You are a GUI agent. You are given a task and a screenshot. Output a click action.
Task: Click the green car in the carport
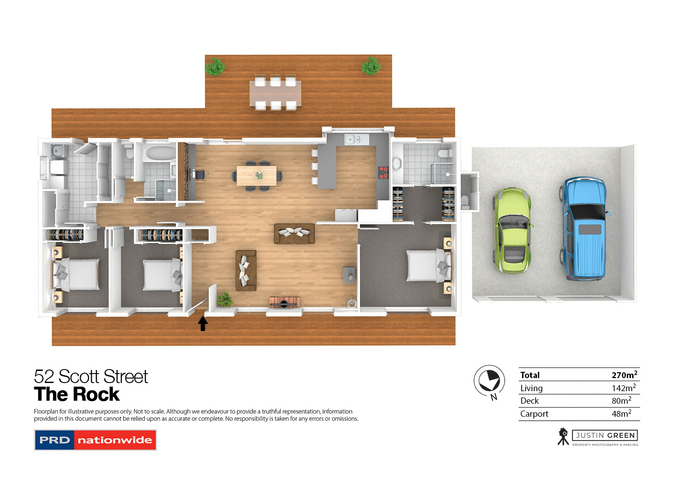pyautogui.click(x=512, y=231)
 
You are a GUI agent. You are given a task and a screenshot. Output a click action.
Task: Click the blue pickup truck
pyautogui.click(x=584, y=228)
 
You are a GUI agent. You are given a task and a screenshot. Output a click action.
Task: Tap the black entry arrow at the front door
pyautogui.click(x=203, y=323)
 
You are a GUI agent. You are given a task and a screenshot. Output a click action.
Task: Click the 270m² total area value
pyautogui.click(x=624, y=375)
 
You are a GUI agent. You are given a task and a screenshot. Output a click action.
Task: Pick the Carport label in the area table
pyautogui.click(x=534, y=414)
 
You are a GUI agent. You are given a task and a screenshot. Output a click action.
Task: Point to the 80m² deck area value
pyautogui.click(x=621, y=401)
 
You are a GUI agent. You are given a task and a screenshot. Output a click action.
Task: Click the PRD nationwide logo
pyautogui.click(x=95, y=440)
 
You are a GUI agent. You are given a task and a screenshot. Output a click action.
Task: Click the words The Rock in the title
pyautogui.click(x=77, y=394)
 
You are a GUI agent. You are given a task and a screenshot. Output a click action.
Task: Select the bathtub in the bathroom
pyautogui.click(x=159, y=153)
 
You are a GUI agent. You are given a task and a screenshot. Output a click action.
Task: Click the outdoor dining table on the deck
pyautogui.click(x=275, y=94)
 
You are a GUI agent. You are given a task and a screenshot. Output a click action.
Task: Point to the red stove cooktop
pyautogui.click(x=383, y=173)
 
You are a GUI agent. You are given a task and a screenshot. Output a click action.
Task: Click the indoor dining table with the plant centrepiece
pyautogui.click(x=257, y=175)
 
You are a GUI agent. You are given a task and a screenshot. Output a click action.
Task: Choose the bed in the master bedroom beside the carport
pyautogui.click(x=425, y=266)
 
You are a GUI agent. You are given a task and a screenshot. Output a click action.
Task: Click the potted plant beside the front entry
pyautogui.click(x=225, y=299)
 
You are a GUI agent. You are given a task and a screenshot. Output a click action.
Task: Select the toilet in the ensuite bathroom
pyautogui.click(x=445, y=154)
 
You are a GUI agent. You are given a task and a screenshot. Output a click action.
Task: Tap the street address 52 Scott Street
pyautogui.click(x=91, y=377)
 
